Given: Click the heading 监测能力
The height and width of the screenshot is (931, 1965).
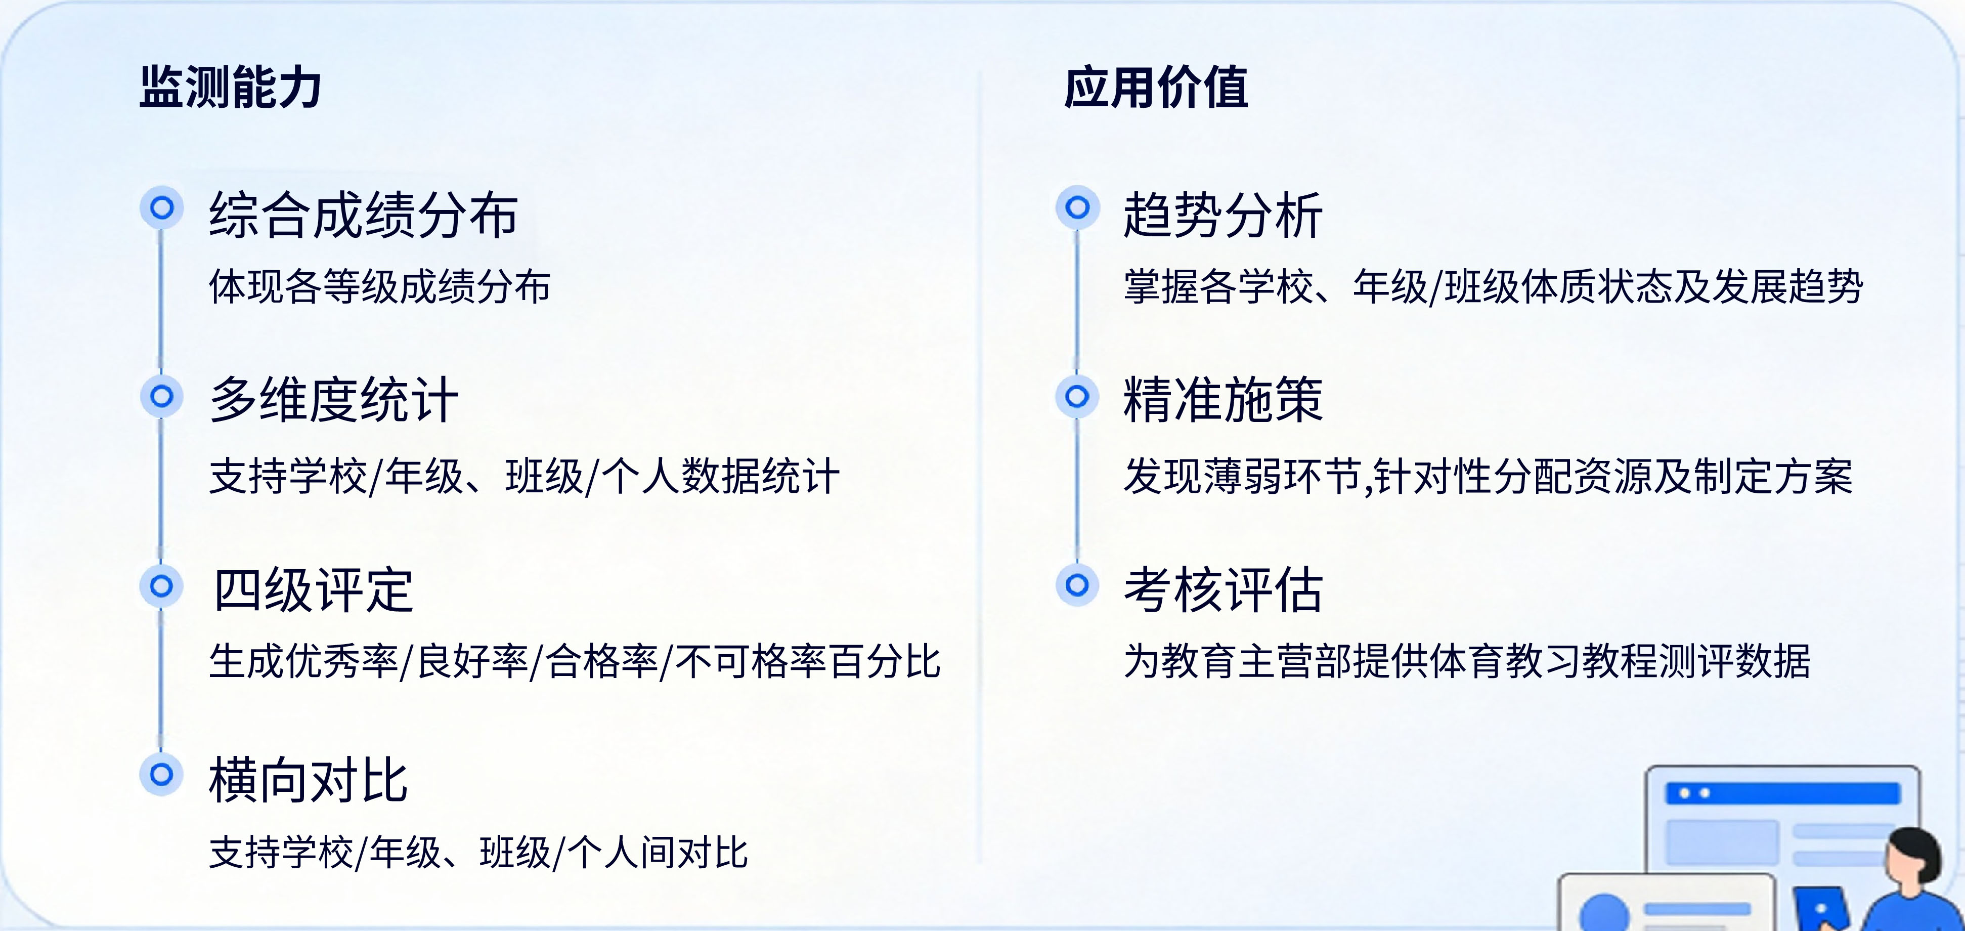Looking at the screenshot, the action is (230, 88).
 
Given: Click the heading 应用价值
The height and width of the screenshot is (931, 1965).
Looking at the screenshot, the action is (1156, 88).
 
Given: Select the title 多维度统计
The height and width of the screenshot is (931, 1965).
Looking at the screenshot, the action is (334, 399).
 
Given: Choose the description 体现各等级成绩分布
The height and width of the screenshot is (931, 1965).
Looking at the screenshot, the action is (380, 287).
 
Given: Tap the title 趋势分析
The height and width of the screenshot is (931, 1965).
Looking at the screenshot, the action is (1223, 215).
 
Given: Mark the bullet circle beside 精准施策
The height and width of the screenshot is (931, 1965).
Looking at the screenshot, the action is (1077, 397).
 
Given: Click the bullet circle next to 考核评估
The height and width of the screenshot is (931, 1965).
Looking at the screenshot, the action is (1077, 585).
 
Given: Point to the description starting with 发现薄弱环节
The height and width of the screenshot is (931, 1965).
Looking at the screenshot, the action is (1488, 477).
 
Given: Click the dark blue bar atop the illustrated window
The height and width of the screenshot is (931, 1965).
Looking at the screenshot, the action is (1783, 793).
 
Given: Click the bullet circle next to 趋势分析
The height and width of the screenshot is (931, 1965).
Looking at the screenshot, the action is (1077, 207).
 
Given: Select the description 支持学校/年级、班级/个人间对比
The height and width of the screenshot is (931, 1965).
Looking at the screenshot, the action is (478, 853).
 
